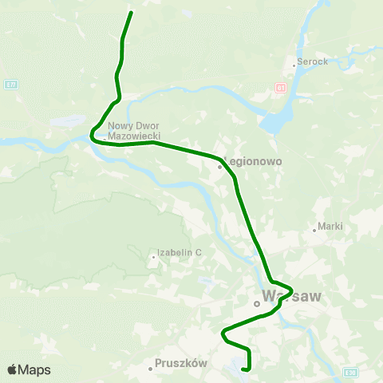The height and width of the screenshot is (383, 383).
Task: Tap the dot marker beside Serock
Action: pos(294,65)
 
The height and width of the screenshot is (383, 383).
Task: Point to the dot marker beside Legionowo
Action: pos(220,167)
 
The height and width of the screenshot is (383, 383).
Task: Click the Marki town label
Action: pos(330,226)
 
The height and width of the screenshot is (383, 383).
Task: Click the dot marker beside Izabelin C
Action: pos(154,257)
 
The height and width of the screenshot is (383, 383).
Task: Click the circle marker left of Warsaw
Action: pos(257,303)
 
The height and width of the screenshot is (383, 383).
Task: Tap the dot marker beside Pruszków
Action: pos(151,369)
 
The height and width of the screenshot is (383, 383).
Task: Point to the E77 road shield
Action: pos(9,83)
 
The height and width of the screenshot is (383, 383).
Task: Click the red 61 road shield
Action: pos(280,87)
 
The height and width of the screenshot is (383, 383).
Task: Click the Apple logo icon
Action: pos(12,369)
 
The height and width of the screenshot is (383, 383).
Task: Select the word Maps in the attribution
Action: pos(35,369)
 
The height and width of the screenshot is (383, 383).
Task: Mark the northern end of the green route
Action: pos(131,13)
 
